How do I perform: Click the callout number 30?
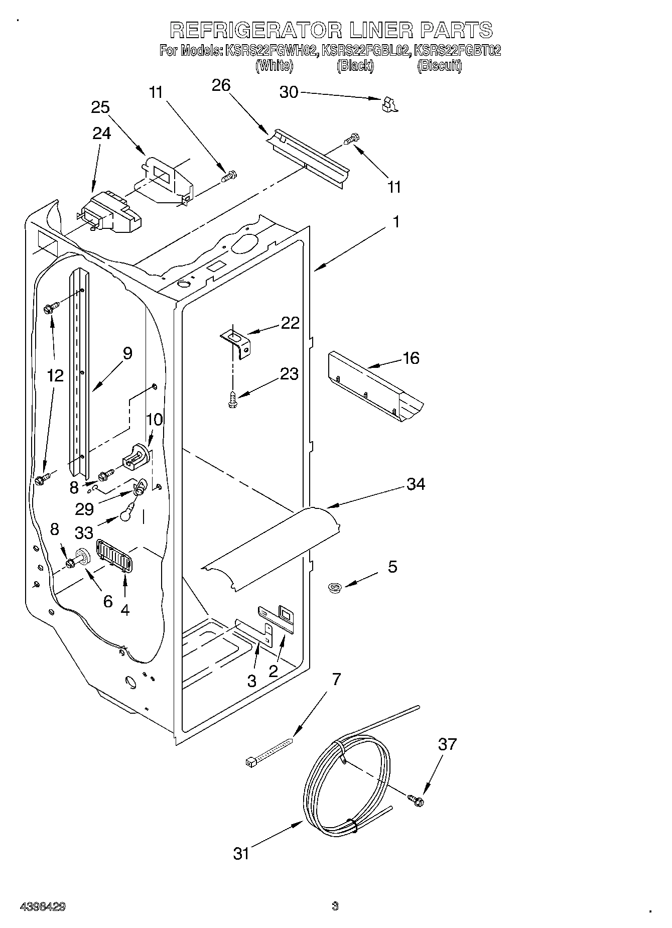click(289, 92)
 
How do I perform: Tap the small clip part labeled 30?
click(389, 104)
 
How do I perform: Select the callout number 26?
click(221, 85)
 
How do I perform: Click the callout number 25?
click(100, 107)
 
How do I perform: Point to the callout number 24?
click(102, 133)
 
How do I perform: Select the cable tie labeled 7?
click(270, 751)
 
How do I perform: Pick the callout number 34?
click(416, 484)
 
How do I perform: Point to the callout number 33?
click(84, 532)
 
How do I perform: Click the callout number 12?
click(56, 375)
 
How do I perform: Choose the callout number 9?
click(127, 353)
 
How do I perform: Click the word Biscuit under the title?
click(439, 66)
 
